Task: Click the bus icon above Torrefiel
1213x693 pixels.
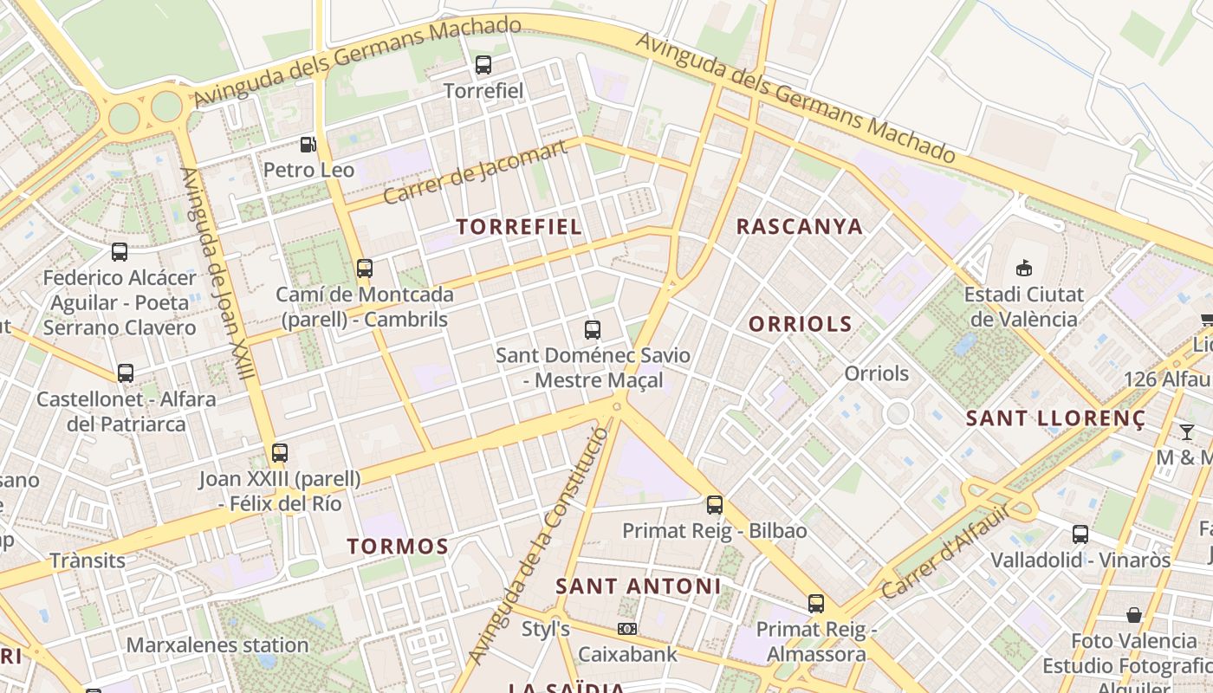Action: point(483,65)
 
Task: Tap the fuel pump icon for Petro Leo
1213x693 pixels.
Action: point(308,145)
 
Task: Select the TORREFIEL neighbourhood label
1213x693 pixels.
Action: point(519,227)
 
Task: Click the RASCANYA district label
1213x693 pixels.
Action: point(799,227)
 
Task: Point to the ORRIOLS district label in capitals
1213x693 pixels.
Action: point(800,325)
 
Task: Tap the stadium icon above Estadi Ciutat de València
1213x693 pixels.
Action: point(1024,269)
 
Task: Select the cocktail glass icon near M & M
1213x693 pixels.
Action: point(1186,431)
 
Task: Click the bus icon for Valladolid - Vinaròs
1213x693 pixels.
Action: point(1080,534)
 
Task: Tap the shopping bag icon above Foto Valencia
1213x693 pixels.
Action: point(1133,616)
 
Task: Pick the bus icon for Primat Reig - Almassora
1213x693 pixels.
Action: point(816,604)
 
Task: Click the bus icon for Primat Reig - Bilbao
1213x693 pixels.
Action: point(715,505)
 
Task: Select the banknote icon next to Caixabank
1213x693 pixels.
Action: point(626,629)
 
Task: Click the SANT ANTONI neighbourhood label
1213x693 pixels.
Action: point(638,586)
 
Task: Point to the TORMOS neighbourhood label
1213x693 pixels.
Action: point(398,547)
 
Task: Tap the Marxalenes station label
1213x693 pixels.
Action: point(217,645)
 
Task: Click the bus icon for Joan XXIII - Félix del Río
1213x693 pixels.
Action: point(279,453)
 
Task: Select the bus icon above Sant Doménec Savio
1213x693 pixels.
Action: point(593,330)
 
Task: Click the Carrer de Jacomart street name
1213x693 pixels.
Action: point(475,172)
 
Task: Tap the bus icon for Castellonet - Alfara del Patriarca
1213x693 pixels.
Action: point(126,373)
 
